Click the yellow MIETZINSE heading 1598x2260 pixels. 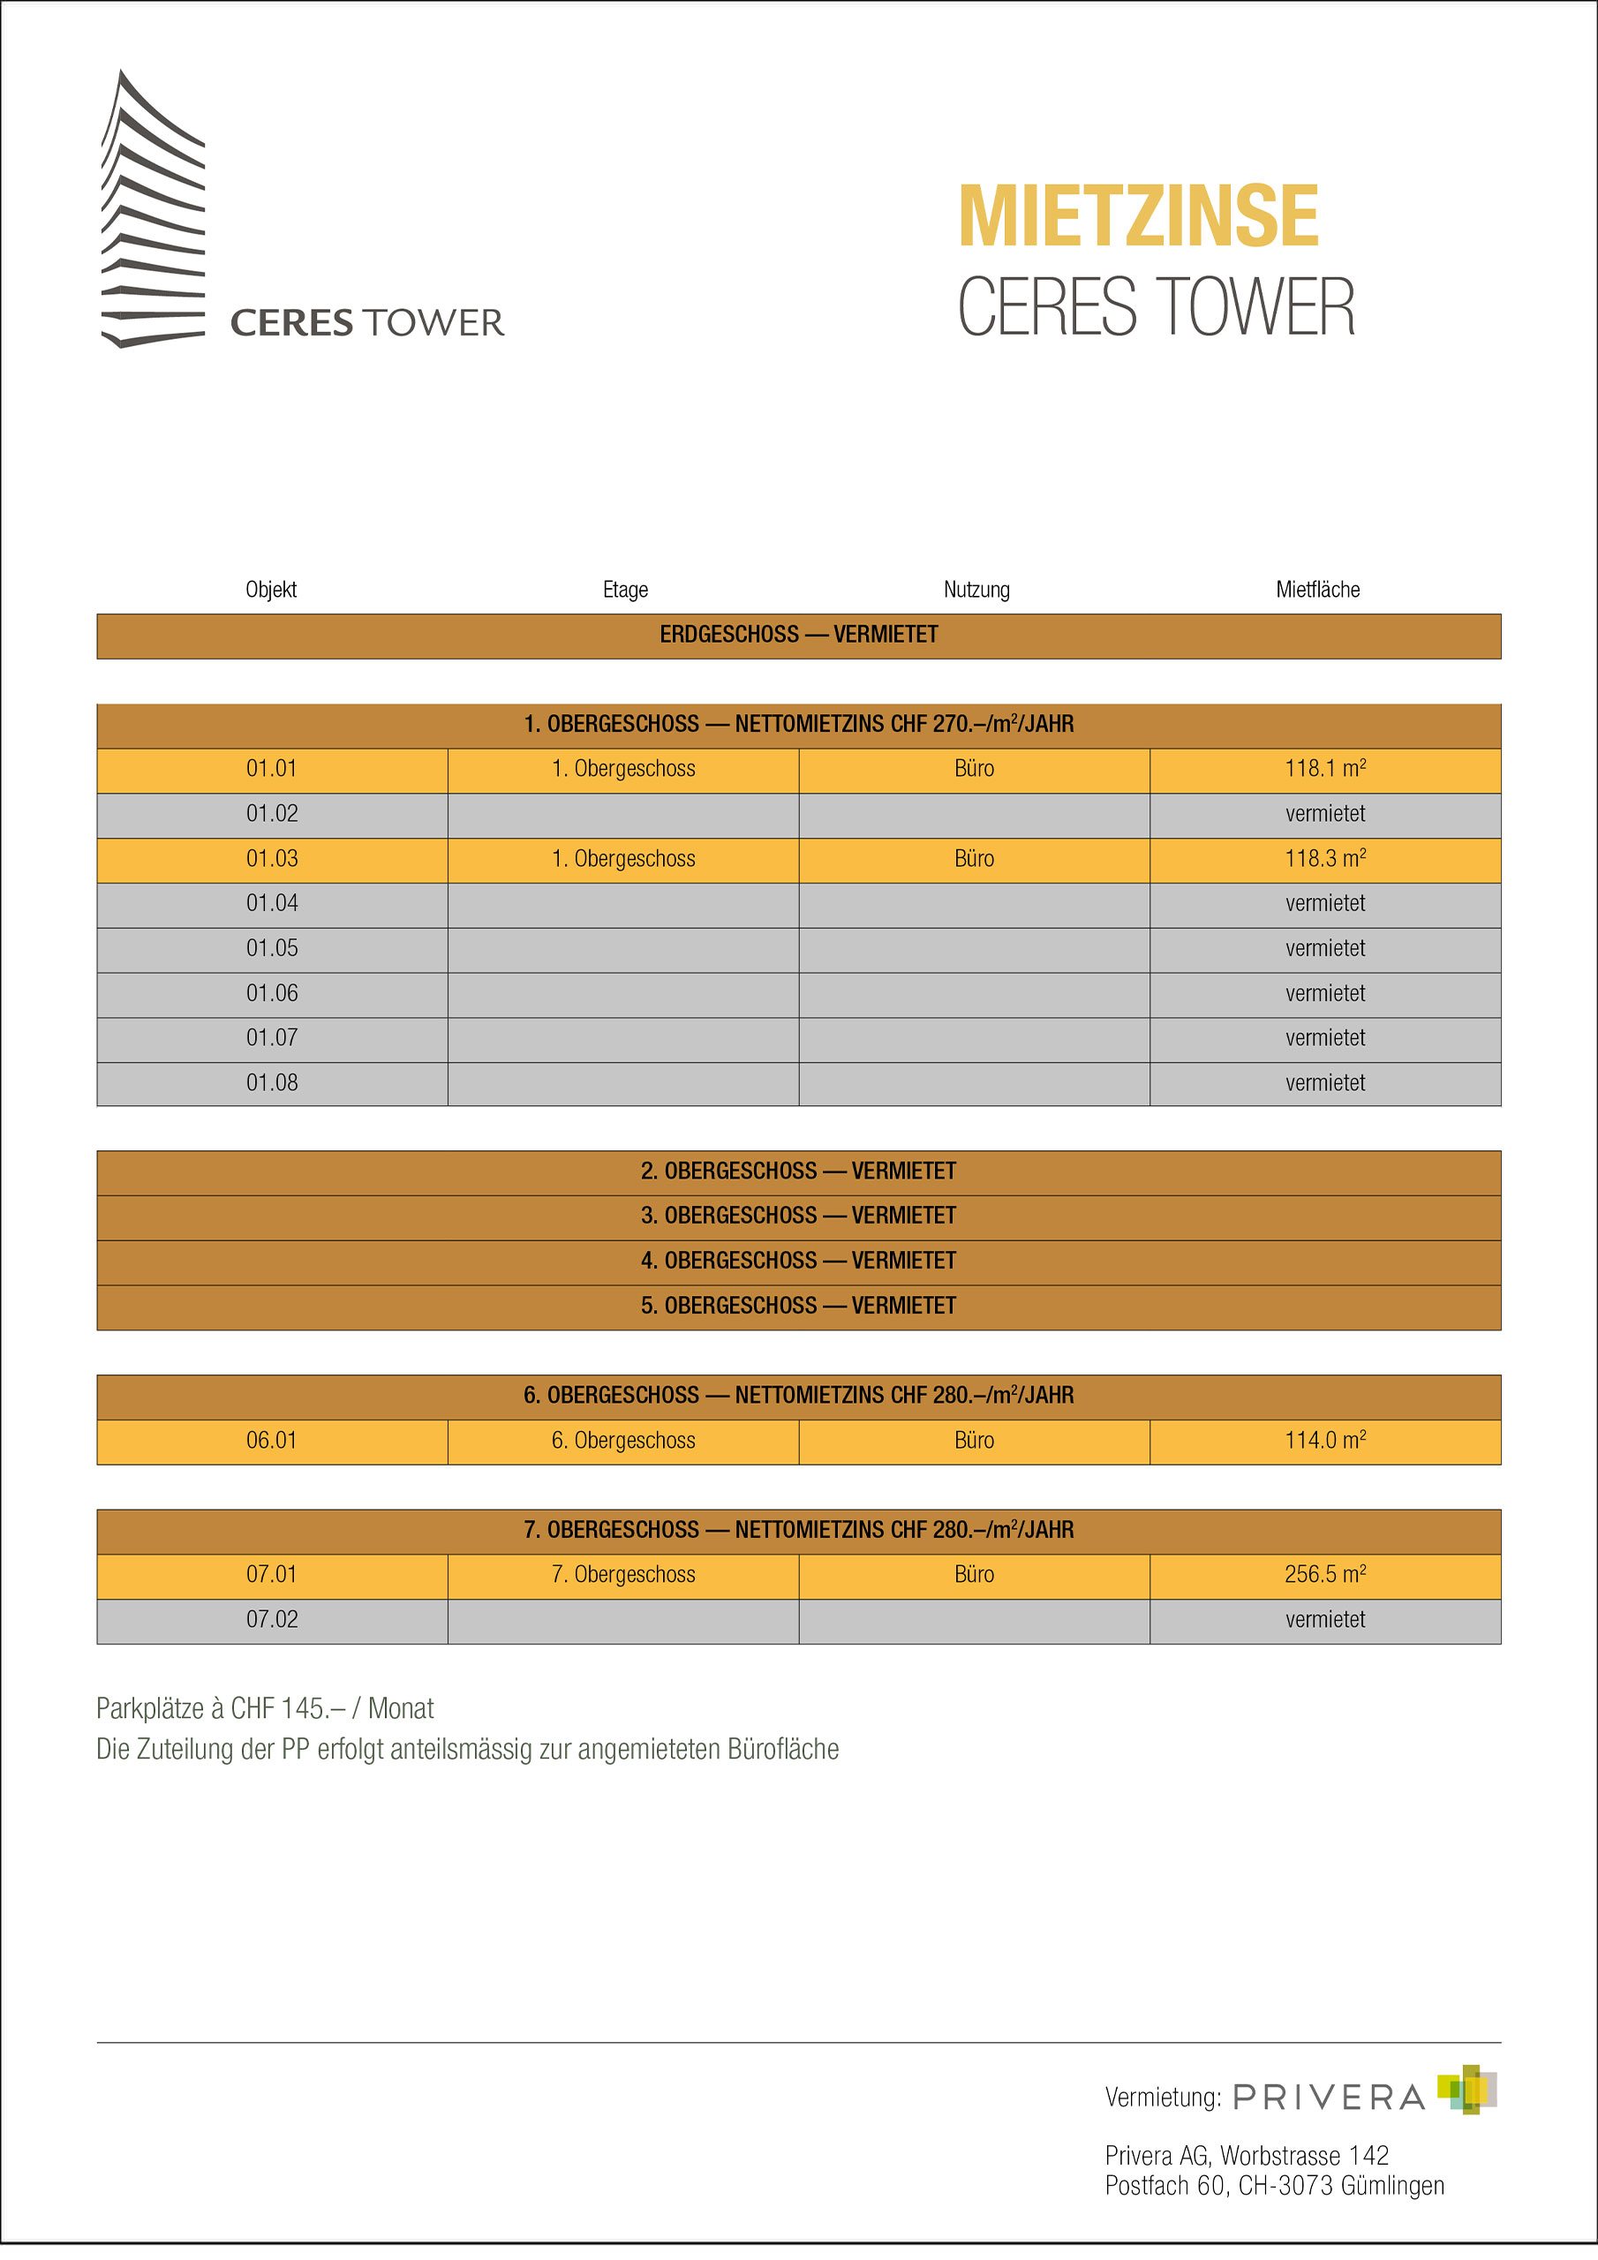point(1137,216)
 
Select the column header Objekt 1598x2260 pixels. point(271,590)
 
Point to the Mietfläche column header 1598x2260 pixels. point(1317,590)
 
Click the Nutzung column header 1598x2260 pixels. point(976,590)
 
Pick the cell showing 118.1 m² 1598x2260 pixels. point(1324,769)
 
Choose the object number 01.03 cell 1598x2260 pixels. point(272,858)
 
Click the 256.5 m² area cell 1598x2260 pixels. point(1324,1574)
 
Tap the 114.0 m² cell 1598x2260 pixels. point(1324,1440)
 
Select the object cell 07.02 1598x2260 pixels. point(272,1619)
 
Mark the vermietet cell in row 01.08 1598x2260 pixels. point(1324,1082)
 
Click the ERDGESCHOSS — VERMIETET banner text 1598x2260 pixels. point(798,635)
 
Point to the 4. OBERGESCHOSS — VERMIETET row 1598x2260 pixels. point(798,1261)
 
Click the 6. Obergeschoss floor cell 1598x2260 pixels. point(622,1440)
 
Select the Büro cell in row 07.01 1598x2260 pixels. point(974,1574)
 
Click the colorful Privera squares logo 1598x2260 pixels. point(1466,2090)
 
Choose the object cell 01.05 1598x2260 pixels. point(272,948)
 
